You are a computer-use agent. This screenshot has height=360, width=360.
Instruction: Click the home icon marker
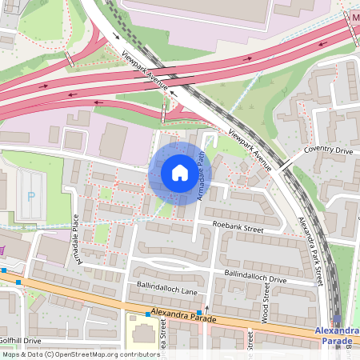coord(179,173)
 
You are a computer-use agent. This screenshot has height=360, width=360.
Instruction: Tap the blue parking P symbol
coord(32,195)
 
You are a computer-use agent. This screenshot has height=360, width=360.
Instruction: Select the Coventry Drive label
coord(328,150)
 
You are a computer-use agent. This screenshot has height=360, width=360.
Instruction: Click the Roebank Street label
coord(242,228)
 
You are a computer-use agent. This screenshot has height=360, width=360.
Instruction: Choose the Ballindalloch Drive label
coord(254,279)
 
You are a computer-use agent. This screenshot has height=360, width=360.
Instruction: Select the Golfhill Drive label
coord(21,341)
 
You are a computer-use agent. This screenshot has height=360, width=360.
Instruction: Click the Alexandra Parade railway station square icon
coord(336,320)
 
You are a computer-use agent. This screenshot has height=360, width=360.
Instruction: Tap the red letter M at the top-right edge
coord(355,17)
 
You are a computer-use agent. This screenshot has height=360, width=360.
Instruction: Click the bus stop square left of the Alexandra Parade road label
coord(147,314)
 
